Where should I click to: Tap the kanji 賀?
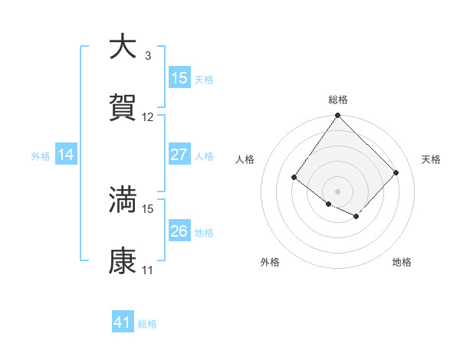tap(123, 108)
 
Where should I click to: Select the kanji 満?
tap(123, 199)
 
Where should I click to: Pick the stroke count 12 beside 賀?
tap(148, 117)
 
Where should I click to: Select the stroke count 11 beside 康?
tap(147, 270)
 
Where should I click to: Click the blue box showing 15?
tap(179, 78)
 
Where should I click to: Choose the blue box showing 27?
tap(179, 155)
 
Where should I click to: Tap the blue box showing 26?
tap(179, 231)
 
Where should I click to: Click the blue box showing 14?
tap(66, 155)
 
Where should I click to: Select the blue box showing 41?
tap(123, 322)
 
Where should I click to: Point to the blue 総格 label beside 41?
tap(147, 324)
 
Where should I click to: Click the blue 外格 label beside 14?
tap(41, 156)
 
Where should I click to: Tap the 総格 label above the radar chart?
tap(337, 100)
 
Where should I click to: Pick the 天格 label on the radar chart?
tap(431, 159)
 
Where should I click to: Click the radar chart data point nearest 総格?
tap(337, 116)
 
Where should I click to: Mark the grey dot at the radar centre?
tap(337, 191)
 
